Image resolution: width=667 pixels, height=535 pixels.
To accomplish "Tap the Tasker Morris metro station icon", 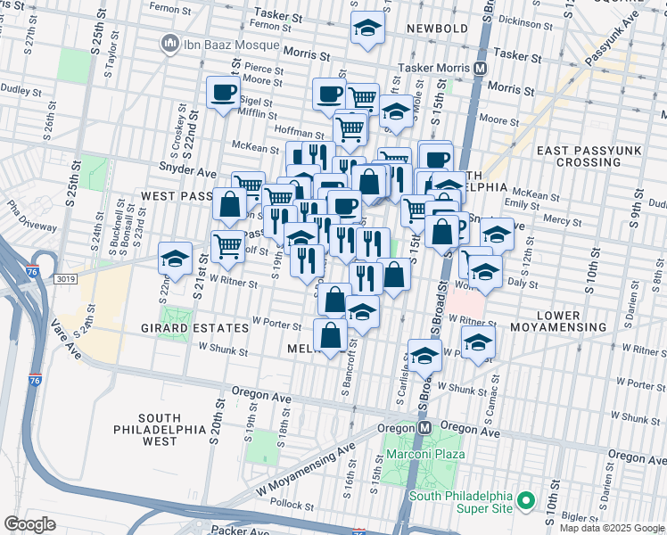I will click(x=481, y=69).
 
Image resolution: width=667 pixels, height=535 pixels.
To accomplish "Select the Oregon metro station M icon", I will click(x=425, y=428).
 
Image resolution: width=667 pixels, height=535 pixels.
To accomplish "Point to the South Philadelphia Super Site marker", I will click(x=526, y=502).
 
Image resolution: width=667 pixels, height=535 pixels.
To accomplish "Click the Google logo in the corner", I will click(x=29, y=524).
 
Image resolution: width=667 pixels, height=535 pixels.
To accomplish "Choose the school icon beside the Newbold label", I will click(x=367, y=29).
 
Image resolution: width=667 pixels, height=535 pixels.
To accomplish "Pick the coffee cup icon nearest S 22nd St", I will click(x=223, y=92).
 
